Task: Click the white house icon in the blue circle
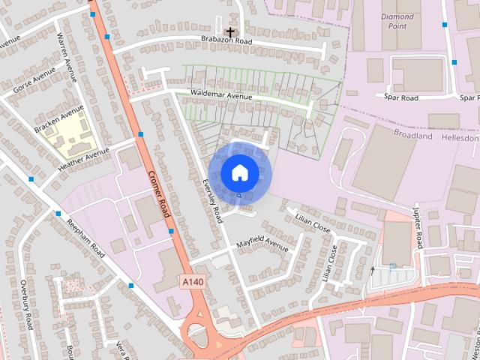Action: pyautogui.click(x=239, y=173)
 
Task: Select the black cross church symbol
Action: pyautogui.click(x=229, y=32)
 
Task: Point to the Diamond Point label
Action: pyautogui.click(x=397, y=21)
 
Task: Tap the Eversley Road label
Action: pyautogui.click(x=213, y=201)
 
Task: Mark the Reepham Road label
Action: pyautogui.click(x=84, y=238)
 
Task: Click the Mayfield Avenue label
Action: pyautogui.click(x=262, y=245)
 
